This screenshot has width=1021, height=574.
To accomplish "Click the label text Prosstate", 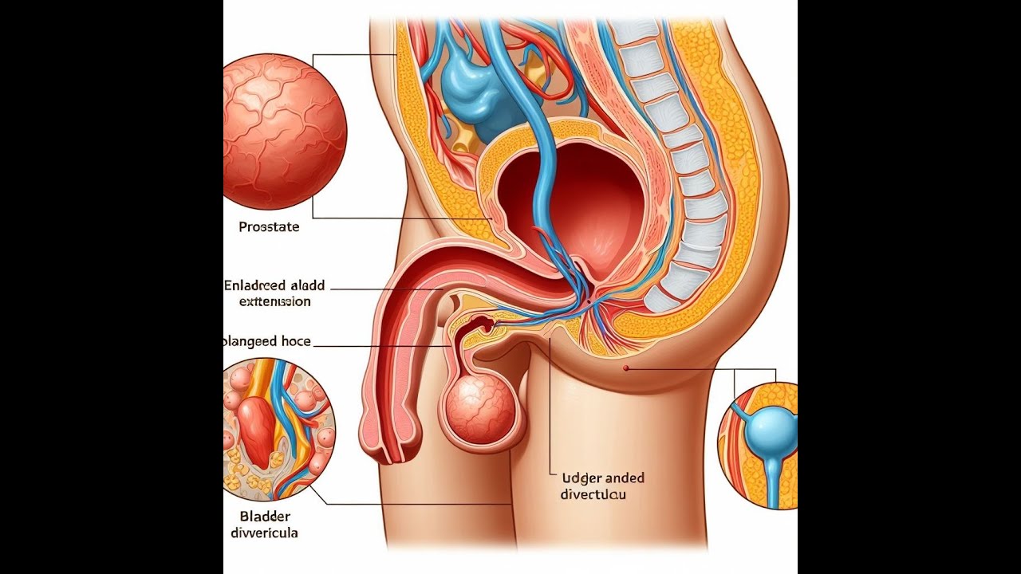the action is [269, 227].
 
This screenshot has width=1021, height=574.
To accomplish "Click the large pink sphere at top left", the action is [283, 132].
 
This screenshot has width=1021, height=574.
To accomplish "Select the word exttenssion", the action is [274, 302].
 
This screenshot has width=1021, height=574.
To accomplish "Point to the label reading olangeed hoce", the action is [266, 341].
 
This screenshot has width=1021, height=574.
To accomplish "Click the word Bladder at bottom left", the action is [266, 516].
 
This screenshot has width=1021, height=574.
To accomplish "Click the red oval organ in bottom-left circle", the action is [257, 431].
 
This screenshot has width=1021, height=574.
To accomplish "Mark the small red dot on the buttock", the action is [626, 368].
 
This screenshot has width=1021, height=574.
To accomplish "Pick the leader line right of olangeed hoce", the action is [383, 346].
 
